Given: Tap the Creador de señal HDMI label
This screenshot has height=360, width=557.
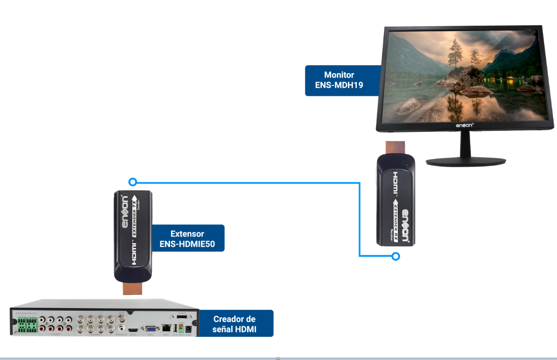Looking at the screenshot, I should click(x=234, y=324).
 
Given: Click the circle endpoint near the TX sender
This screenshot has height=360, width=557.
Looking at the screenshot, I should click(x=132, y=182).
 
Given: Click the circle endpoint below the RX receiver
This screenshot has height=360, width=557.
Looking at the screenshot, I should click(x=395, y=256).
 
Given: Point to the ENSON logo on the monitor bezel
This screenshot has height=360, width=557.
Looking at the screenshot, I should click(x=464, y=126).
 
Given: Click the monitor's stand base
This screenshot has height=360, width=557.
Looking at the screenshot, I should click(x=466, y=161).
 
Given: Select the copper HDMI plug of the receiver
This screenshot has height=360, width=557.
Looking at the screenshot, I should click(x=395, y=148).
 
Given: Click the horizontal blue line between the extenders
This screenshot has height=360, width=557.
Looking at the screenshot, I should click(x=247, y=182).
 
